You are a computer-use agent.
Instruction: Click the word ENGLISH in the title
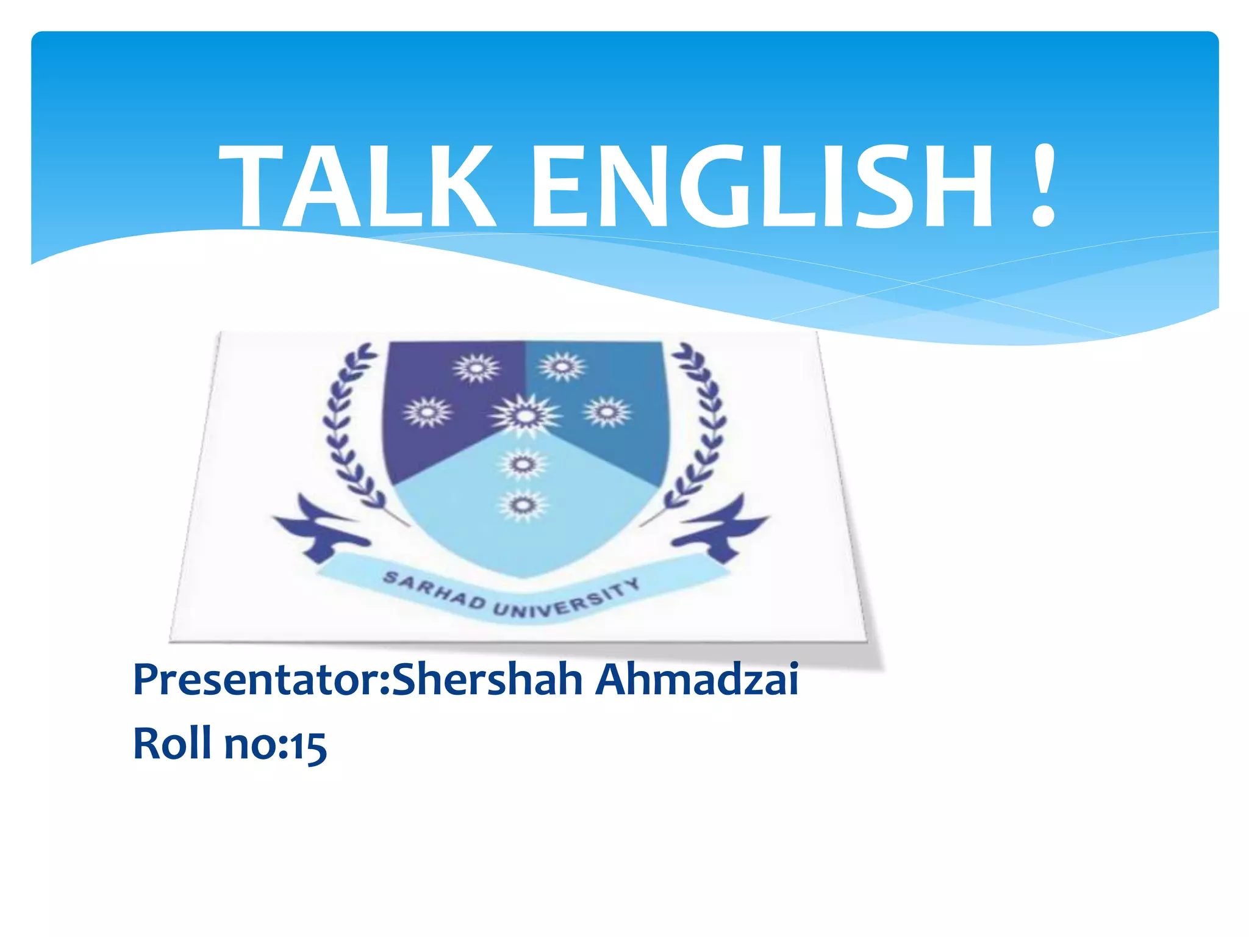tap(762, 186)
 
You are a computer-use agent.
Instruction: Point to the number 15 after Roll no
tap(308, 745)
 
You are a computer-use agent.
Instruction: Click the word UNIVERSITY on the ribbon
tap(567, 601)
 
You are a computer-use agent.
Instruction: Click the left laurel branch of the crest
tap(348, 427)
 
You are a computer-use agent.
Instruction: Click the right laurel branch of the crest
tap(701, 427)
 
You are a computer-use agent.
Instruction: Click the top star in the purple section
tap(476, 368)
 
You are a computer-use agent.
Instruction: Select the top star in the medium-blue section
tap(562, 367)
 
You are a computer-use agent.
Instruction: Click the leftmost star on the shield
tap(428, 412)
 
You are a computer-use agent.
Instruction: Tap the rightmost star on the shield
tap(607, 412)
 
